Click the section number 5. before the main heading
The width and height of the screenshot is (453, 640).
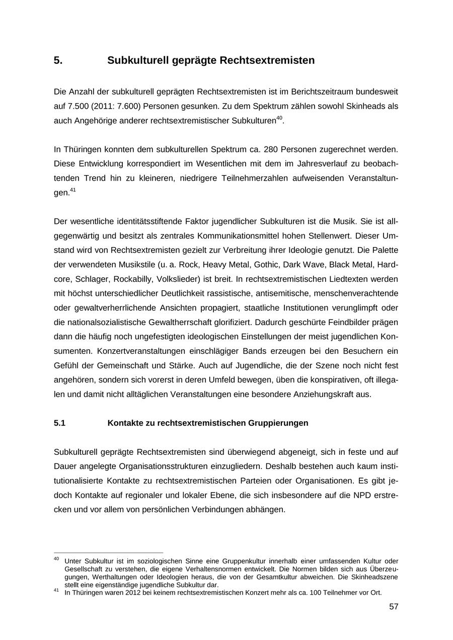click(x=58, y=60)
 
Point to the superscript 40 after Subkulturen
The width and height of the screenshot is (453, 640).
click(x=279, y=118)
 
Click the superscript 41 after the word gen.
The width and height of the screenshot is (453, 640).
click(x=72, y=190)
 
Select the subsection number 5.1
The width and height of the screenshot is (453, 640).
click(x=59, y=423)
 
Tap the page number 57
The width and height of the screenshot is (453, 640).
click(x=394, y=607)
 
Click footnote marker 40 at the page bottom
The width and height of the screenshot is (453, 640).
click(x=56, y=558)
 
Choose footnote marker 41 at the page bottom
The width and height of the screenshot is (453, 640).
click(x=56, y=590)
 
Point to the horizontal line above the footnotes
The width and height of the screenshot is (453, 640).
click(x=108, y=552)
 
